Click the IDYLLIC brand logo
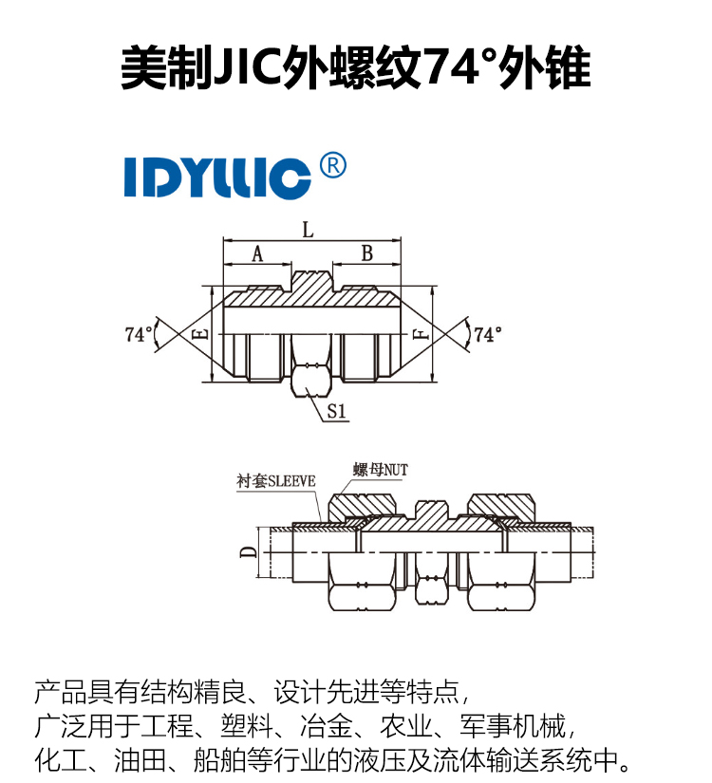217,177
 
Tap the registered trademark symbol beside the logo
332,165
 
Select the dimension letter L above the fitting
309,231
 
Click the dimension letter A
257,254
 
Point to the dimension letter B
367,253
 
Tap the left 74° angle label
139,334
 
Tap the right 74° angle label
488,334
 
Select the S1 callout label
337,411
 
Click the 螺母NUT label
381,470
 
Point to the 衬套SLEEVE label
276,481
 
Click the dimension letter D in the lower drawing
249,552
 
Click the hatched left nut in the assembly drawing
362,506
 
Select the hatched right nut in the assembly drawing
501,506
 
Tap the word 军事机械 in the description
513,725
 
